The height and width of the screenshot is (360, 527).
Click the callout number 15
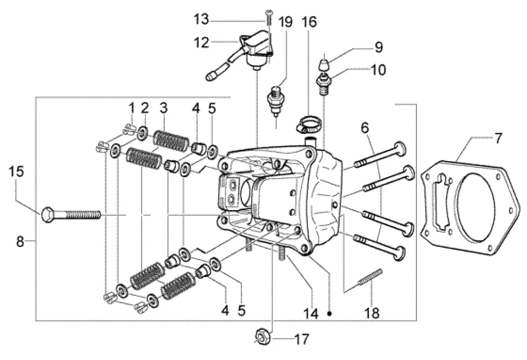(x=16, y=172)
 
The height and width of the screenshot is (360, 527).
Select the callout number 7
(x=498, y=138)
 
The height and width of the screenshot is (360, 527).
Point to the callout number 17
(x=301, y=339)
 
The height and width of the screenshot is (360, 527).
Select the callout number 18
(x=372, y=313)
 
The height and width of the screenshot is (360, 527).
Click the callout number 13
(x=201, y=19)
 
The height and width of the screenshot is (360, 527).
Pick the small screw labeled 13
(x=269, y=17)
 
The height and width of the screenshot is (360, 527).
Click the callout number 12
(x=201, y=43)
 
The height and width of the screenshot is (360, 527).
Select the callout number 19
(x=286, y=22)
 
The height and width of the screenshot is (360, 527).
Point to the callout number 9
(x=379, y=47)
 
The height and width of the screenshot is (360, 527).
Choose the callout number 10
(x=378, y=70)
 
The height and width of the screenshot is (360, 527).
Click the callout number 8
(x=20, y=241)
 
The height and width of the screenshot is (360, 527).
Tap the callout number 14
(x=311, y=314)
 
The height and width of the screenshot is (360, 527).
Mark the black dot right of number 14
(x=330, y=314)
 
